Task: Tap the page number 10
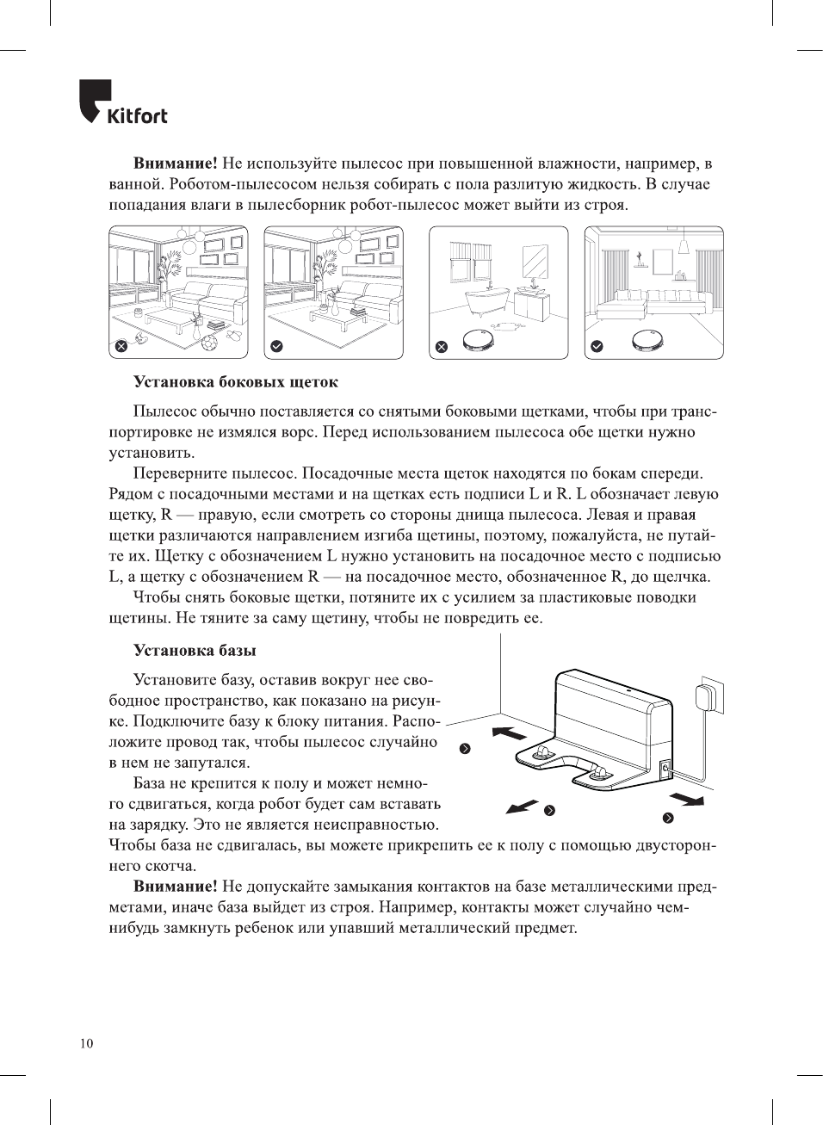tap(86, 1044)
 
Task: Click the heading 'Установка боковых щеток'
tap(235, 382)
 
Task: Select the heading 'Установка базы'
tap(195, 651)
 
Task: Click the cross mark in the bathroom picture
tap(442, 346)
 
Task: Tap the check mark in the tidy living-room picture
tap(276, 346)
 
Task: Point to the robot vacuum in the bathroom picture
tap(477, 340)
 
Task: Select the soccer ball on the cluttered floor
tap(209, 343)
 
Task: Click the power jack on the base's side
tap(665, 766)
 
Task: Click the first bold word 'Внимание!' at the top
tap(175, 164)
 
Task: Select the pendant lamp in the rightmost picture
tap(683, 246)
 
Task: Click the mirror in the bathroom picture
tap(535, 259)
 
